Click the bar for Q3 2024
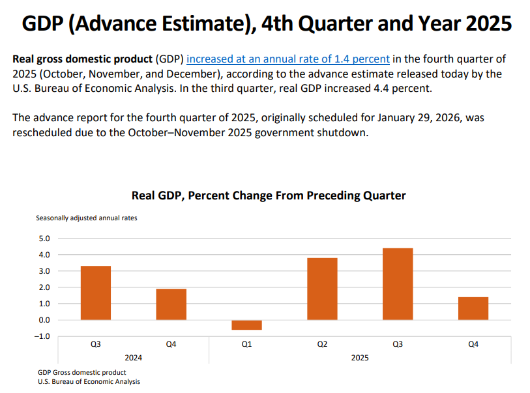95,293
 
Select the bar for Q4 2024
171,304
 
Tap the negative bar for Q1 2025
246,325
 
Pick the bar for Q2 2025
322,289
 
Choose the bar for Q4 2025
473,308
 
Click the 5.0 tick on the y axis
45,239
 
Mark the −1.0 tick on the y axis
44,336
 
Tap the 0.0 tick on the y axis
45,320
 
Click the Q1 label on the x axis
246,344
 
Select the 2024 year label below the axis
134,358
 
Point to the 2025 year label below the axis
360,358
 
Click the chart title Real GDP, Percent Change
269,196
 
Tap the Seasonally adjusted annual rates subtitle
87,218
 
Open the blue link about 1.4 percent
288,59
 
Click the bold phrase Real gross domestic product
82,59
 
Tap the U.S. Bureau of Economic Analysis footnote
89,382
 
